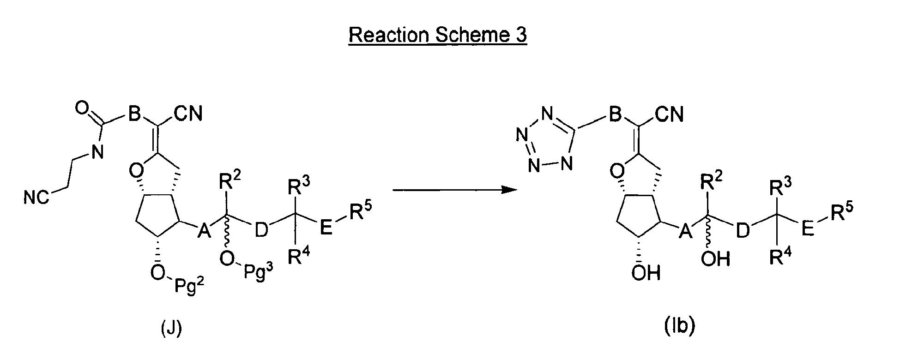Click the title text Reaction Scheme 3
[437, 35]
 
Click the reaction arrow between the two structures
[454, 190]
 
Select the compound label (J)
[171, 329]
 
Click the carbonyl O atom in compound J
[81, 109]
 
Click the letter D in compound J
[261, 229]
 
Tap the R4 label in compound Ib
[780, 257]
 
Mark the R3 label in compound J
[298, 188]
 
